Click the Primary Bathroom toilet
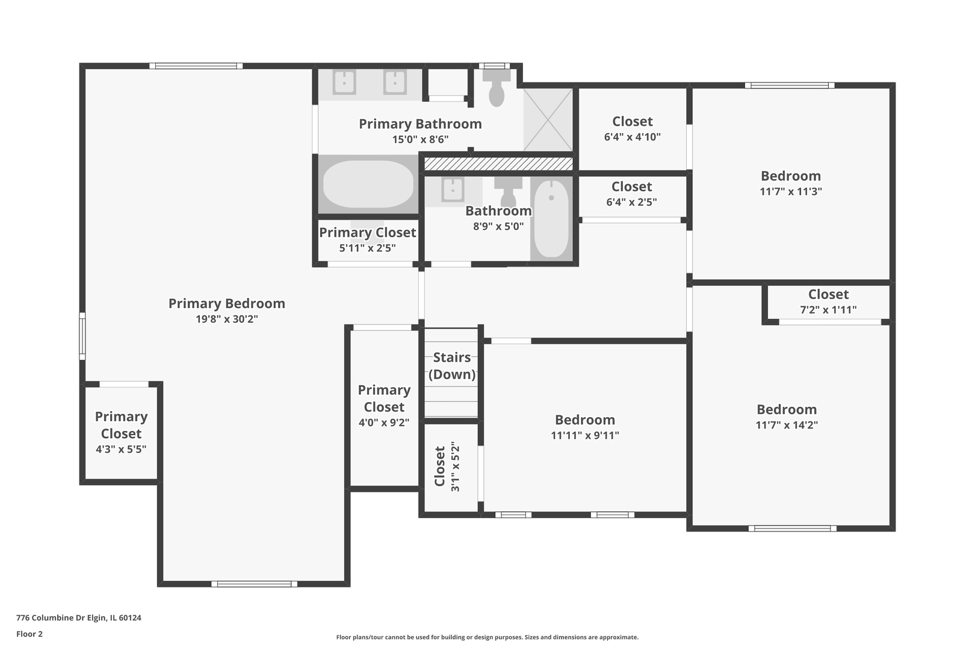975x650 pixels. [497, 88]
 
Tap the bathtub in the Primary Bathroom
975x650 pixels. [368, 184]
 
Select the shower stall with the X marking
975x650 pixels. [548, 120]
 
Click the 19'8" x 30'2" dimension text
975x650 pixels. [227, 319]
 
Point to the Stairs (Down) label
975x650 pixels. [452, 366]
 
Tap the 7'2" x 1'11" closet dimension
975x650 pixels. [828, 310]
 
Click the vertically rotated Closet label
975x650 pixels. [439, 466]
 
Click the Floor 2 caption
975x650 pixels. [29, 634]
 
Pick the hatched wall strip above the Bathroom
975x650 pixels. [498, 164]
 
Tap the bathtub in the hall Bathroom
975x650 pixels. [551, 219]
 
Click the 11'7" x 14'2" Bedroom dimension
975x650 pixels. [787, 425]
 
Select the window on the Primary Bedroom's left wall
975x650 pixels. [82, 336]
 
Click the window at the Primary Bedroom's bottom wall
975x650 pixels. [254, 584]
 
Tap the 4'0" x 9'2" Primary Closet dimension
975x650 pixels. [384, 422]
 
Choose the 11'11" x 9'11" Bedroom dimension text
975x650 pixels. [585, 435]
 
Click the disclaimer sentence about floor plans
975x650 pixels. [487, 637]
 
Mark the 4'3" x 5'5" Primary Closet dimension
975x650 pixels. [121, 450]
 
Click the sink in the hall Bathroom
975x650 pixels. [453, 190]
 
